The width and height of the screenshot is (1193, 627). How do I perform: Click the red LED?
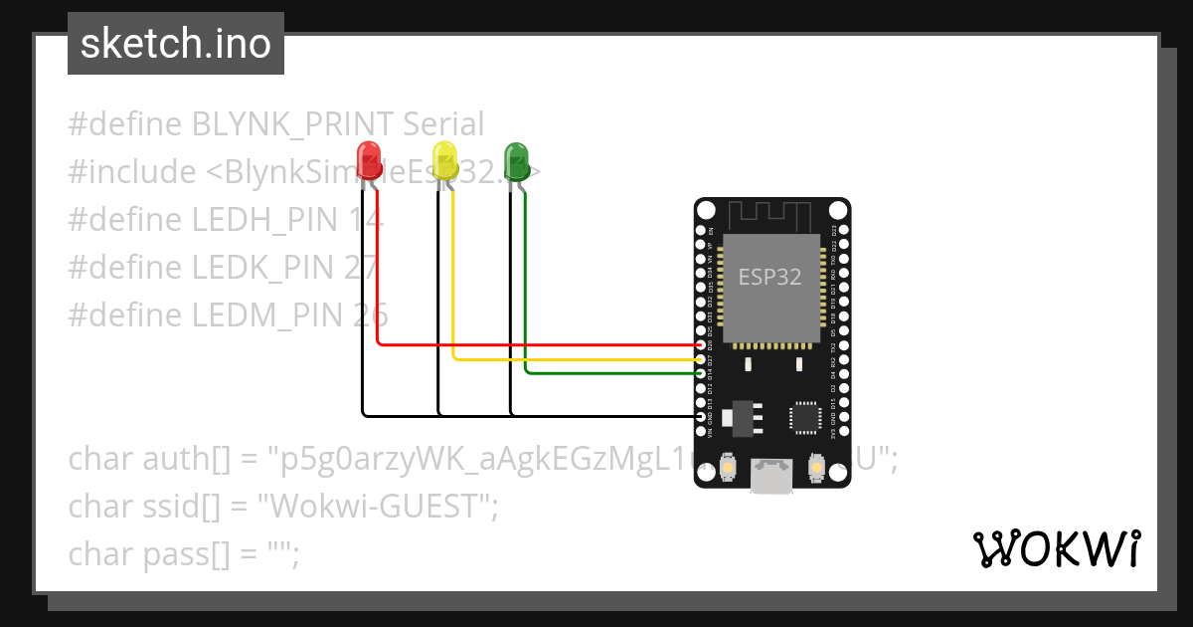coord(369,159)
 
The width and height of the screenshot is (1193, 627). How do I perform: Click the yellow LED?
coord(444,160)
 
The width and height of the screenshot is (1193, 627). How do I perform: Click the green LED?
coord(516,160)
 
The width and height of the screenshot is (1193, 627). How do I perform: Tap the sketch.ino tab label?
coord(176,44)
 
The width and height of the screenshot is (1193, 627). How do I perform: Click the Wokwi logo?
coord(1055,548)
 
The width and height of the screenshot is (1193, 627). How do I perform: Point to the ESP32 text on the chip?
coord(769,277)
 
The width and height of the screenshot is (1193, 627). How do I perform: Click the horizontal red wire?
coord(537,345)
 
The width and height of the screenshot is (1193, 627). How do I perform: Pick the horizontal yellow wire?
coord(577,358)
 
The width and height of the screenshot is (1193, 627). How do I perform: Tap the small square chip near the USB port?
coord(804,417)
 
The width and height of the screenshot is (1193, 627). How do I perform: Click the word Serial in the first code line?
coord(443,124)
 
